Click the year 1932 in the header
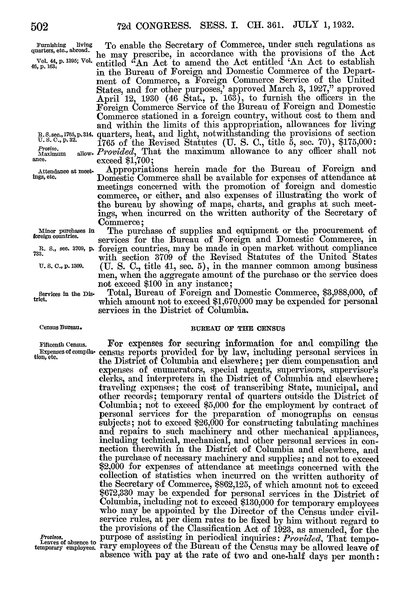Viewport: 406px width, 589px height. point(340,25)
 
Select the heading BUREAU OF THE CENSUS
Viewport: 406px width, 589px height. point(238,329)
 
